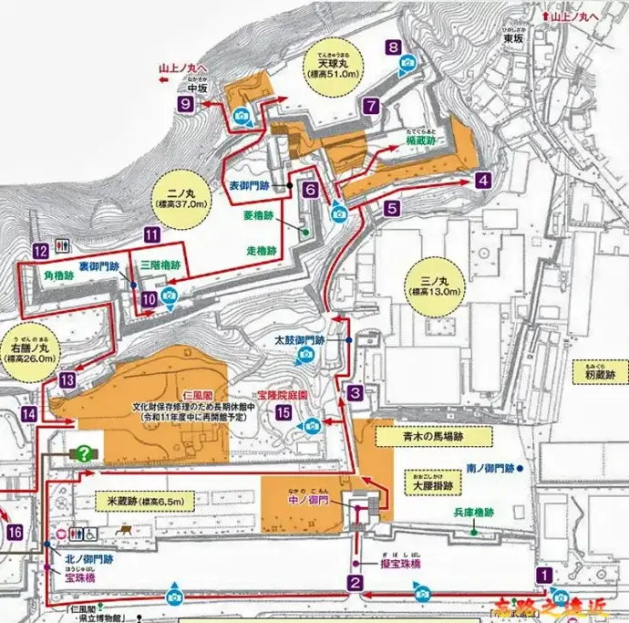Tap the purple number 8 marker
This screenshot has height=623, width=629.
coord(393,47)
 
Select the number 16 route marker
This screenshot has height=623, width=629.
coord(14,532)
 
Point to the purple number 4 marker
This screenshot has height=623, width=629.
coord(482,181)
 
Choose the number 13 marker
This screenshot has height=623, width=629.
coord(67,379)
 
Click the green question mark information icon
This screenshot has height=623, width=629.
coord(84,452)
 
